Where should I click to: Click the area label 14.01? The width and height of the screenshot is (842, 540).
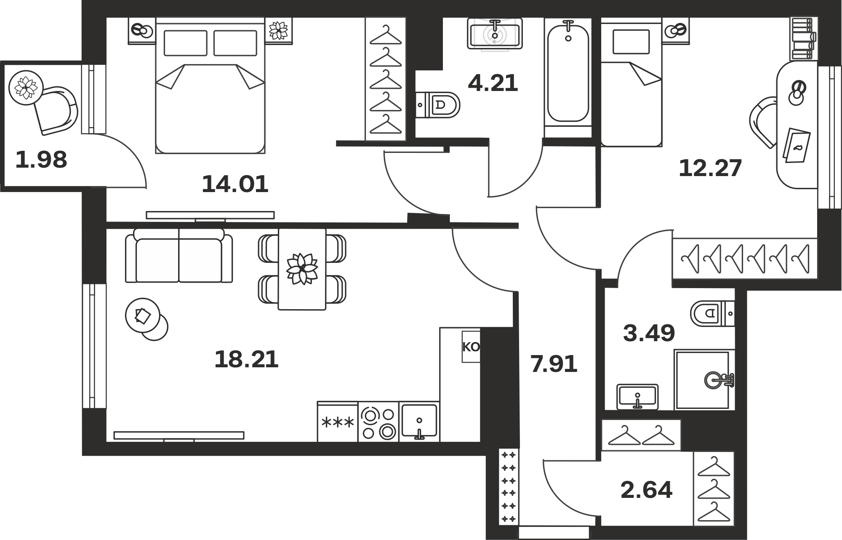235,184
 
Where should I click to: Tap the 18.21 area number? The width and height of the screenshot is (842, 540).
246,360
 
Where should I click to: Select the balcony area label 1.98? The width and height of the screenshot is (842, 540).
41,160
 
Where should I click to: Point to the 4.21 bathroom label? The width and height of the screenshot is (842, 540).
493,83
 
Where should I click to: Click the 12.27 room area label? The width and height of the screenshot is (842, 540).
710,168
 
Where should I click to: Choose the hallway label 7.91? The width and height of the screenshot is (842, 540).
554,364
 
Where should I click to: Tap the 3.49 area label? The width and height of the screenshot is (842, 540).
649,333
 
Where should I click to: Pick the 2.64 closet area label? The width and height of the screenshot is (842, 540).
647,490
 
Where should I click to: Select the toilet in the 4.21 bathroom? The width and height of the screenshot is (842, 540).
438,105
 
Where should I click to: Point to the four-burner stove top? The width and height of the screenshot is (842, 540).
378,422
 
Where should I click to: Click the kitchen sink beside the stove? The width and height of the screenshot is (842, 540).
419,422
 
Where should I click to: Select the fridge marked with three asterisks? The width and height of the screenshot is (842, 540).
338,422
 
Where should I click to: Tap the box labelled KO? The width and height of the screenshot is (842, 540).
471,347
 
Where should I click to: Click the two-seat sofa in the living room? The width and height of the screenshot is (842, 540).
179,255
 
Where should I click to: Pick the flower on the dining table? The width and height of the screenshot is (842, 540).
302,268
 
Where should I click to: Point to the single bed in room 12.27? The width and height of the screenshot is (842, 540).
631,82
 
